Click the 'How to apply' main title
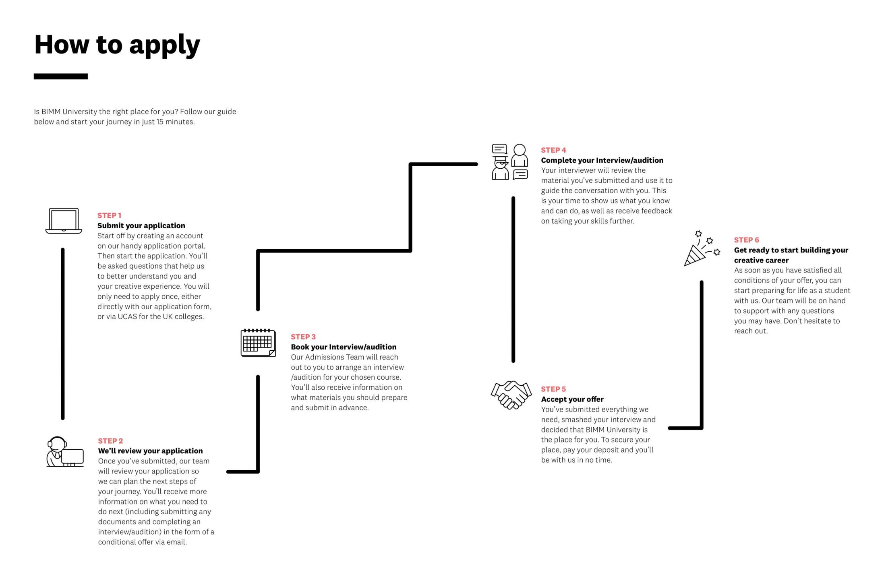click(x=117, y=45)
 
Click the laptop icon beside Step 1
click(x=64, y=221)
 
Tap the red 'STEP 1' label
click(x=109, y=215)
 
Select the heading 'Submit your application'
click(x=141, y=225)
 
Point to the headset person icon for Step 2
click(x=65, y=452)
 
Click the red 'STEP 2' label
click(x=110, y=441)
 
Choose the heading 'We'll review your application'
click(x=151, y=451)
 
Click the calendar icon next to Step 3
click(x=258, y=343)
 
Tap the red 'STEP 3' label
click(x=303, y=337)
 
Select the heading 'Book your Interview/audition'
click(x=344, y=347)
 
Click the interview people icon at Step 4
click(x=510, y=162)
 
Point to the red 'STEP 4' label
click(x=553, y=150)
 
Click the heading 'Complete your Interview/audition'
click(x=602, y=160)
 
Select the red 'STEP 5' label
click(x=553, y=389)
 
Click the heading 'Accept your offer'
click(x=572, y=399)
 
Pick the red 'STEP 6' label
click(x=746, y=240)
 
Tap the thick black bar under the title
click(x=61, y=76)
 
